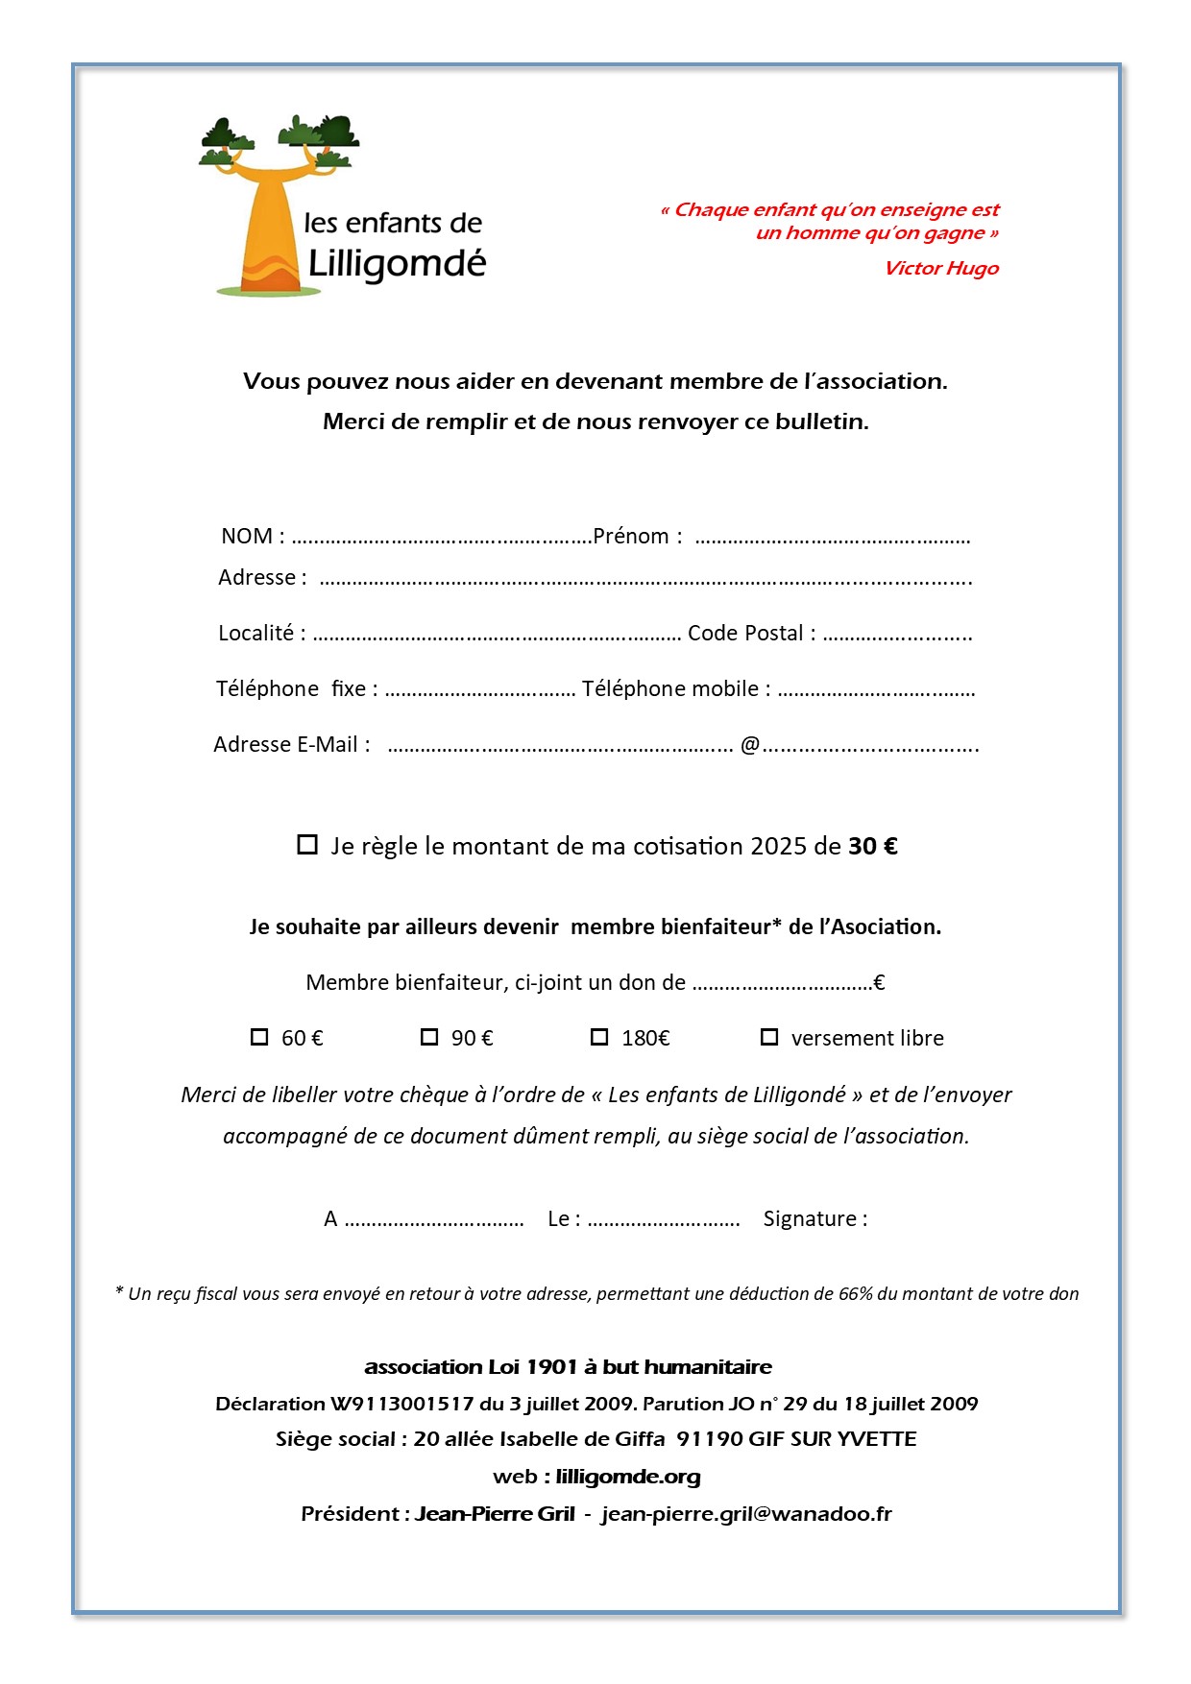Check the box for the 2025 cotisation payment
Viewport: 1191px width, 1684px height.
coord(307,845)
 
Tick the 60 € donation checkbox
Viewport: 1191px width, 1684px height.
coord(259,1037)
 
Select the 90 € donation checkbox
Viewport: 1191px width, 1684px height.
coord(429,1037)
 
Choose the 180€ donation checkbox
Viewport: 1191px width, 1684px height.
coord(599,1037)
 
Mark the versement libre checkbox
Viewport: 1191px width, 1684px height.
coord(769,1037)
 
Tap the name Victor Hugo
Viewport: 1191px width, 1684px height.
coord(941,268)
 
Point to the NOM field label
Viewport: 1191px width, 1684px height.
coord(247,536)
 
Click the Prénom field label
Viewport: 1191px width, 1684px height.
coord(631,536)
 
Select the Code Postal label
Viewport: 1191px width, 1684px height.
coord(745,633)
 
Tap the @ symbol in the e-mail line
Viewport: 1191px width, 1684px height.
coord(750,744)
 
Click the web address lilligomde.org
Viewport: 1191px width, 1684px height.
coord(628,1477)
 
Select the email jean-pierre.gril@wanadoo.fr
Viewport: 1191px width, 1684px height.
coord(746,1514)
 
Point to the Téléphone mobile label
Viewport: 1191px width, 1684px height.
coord(670,688)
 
